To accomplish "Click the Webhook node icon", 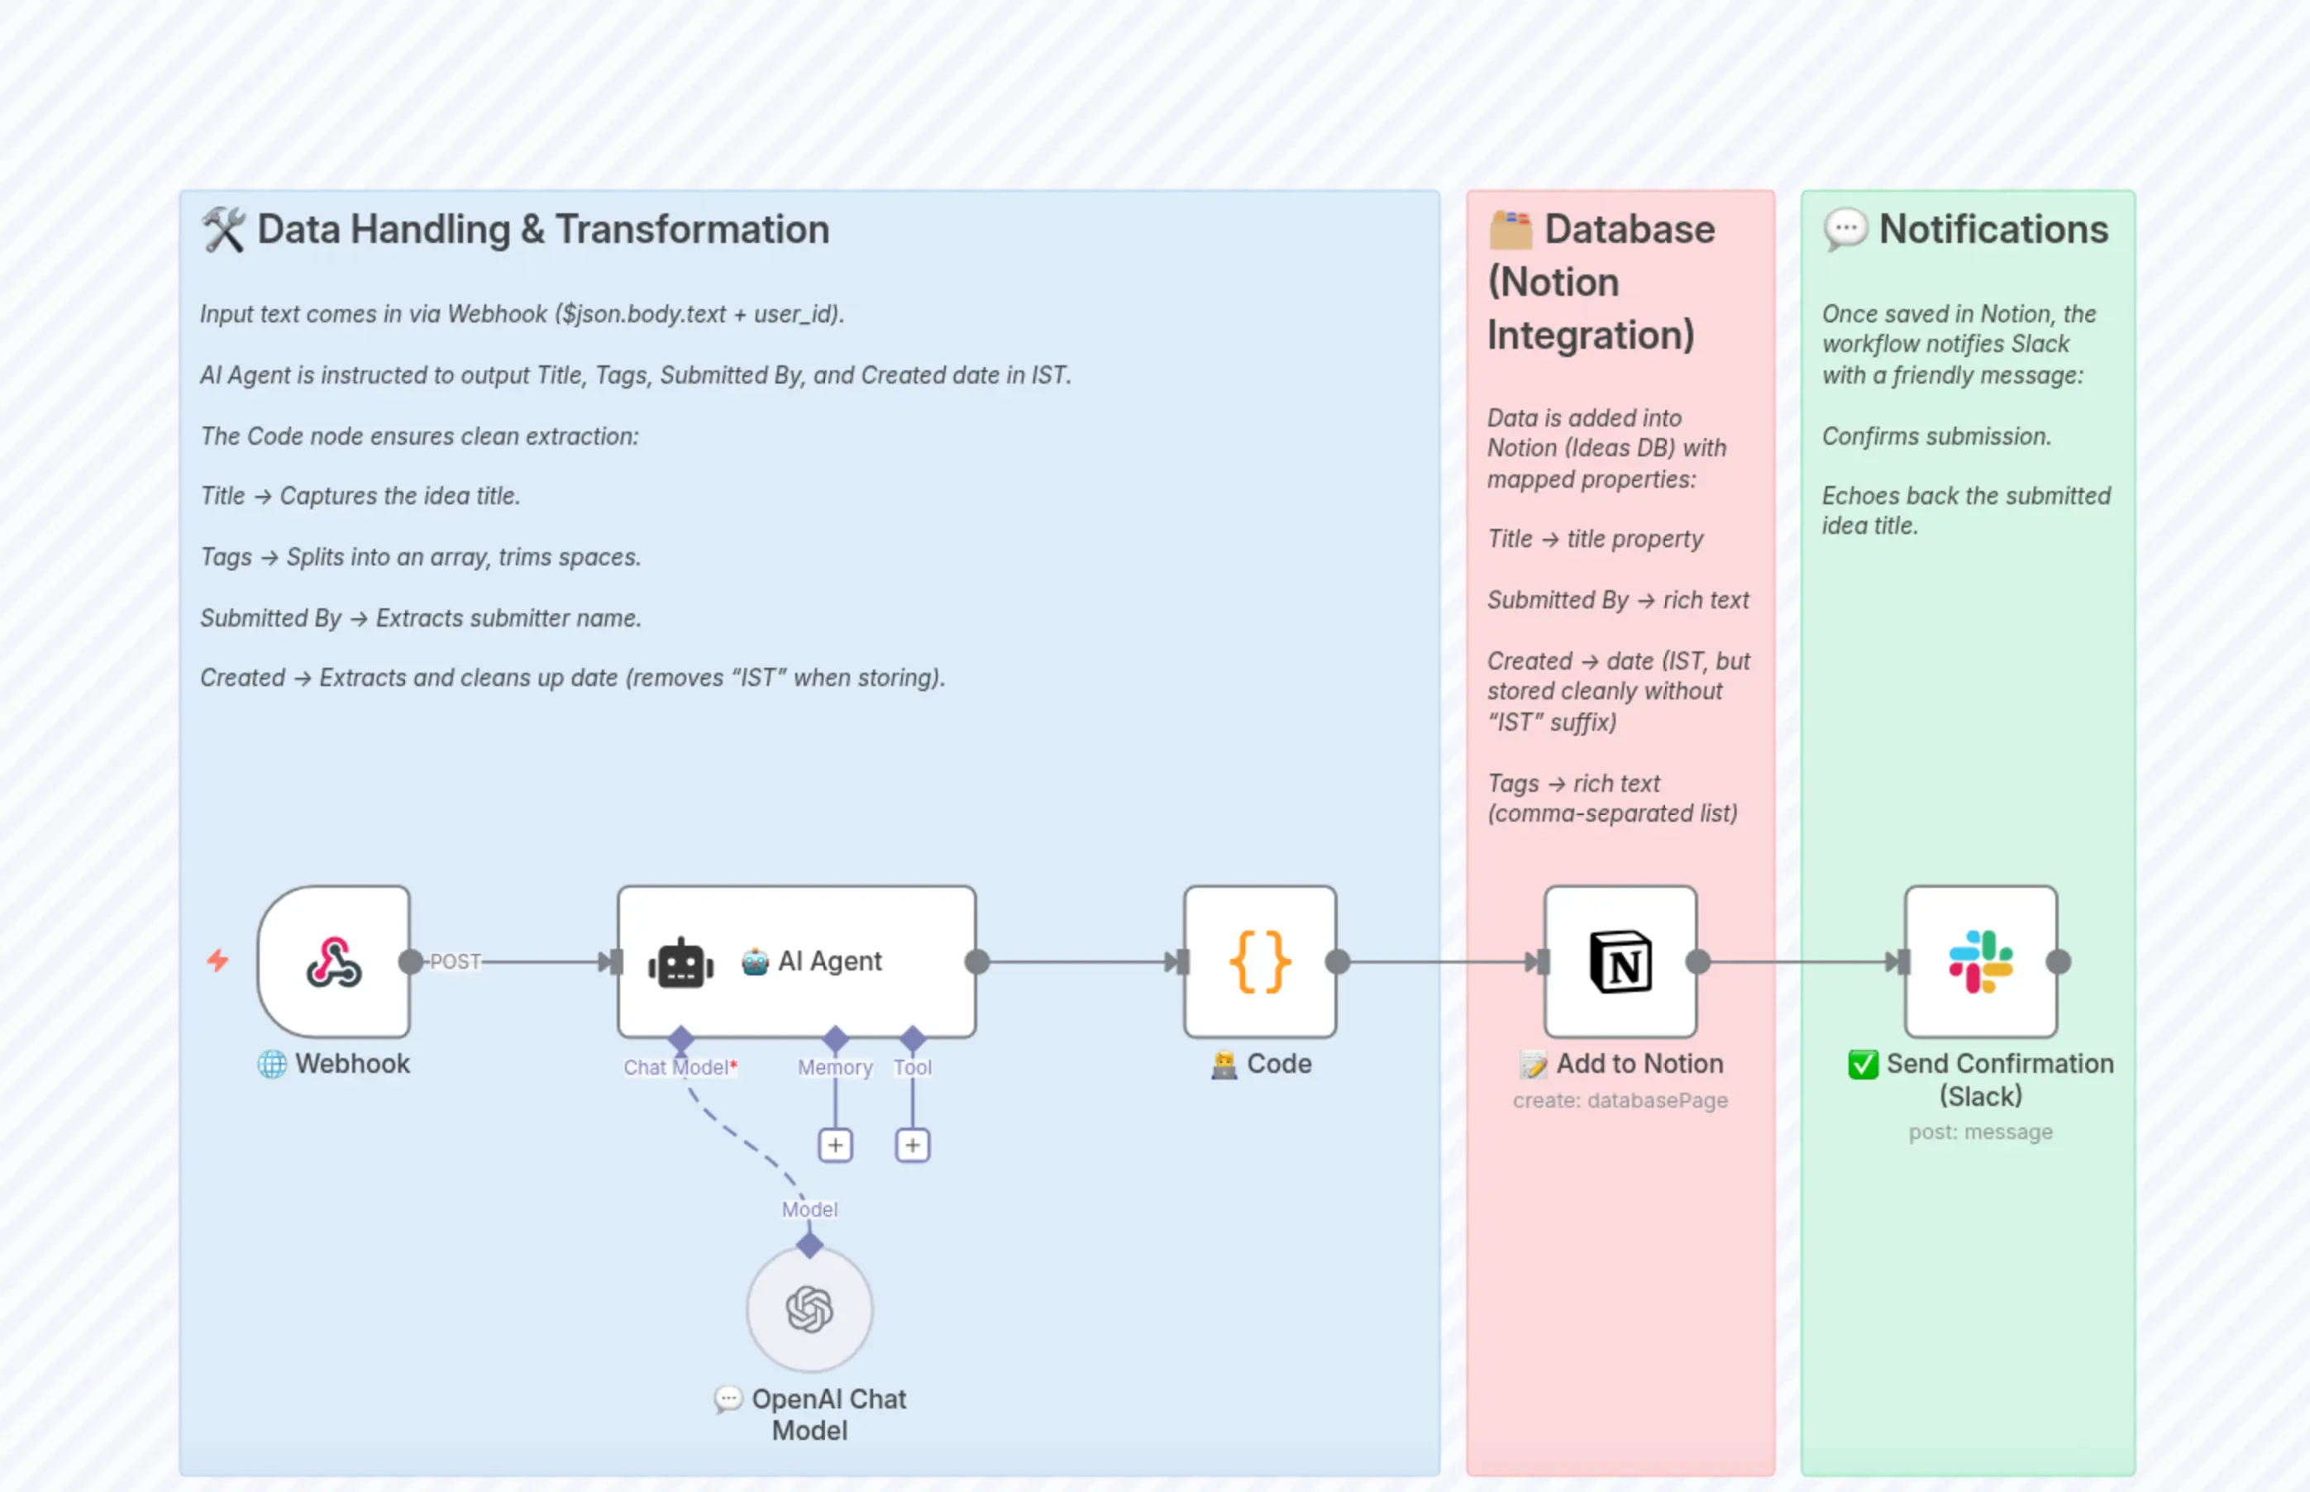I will pyautogui.click(x=333, y=961).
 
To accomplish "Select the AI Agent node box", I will pyautogui.click(x=796, y=961).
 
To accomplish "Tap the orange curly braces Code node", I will pyautogui.click(x=1260, y=961).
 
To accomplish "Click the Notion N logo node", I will pyautogui.click(x=1620, y=961).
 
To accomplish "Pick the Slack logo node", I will pyautogui.click(x=1981, y=961).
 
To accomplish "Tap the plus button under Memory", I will pyautogui.click(x=835, y=1145).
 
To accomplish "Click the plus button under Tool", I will pyautogui.click(x=912, y=1145).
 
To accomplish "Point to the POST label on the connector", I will pyautogui.click(x=455, y=961).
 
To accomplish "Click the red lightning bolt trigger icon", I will pyautogui.click(x=218, y=961).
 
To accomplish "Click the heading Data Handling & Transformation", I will pyautogui.click(x=542, y=230).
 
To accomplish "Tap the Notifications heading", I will pyautogui.click(x=1993, y=230).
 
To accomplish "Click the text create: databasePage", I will pyautogui.click(x=1620, y=1100).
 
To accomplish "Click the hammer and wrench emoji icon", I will pyautogui.click(x=223, y=230).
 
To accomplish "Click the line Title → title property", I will pyautogui.click(x=1594, y=539).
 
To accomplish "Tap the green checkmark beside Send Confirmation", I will pyautogui.click(x=1863, y=1064).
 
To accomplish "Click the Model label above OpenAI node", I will pyautogui.click(x=809, y=1209).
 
